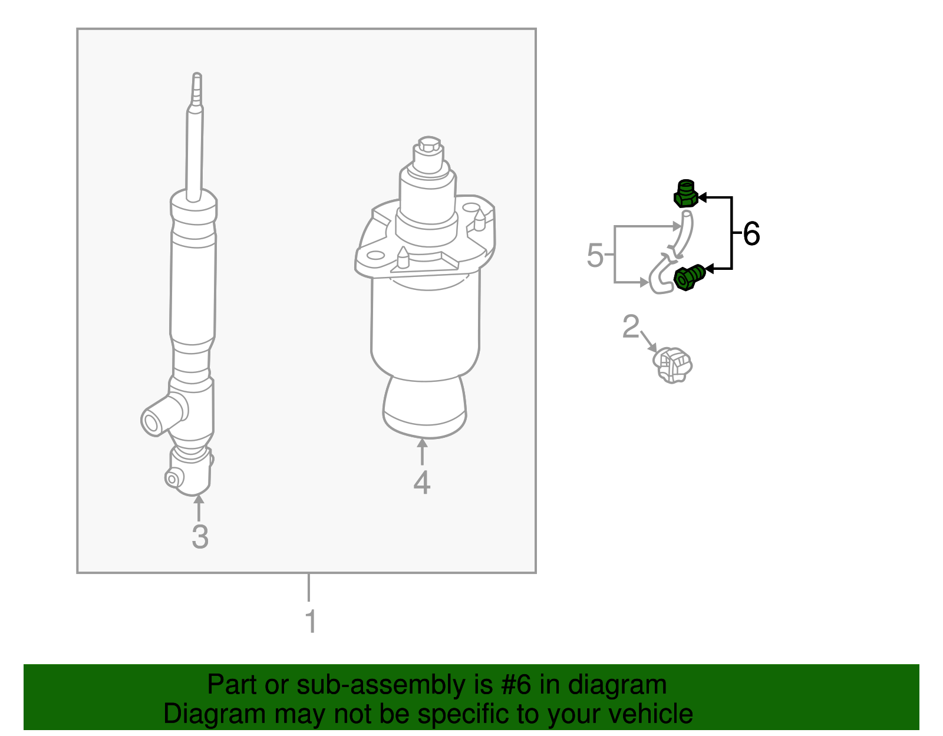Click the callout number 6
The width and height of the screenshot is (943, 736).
pyautogui.click(x=751, y=234)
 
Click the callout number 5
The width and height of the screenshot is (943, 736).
pyautogui.click(x=595, y=256)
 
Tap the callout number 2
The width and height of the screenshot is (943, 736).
pyautogui.click(x=631, y=326)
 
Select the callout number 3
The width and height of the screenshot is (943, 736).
pyautogui.click(x=200, y=537)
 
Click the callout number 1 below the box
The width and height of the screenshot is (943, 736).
pyautogui.click(x=311, y=622)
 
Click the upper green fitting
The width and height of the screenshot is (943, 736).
pyautogui.click(x=685, y=194)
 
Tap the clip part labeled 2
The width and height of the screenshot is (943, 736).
pyautogui.click(x=673, y=364)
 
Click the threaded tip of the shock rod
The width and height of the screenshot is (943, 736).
pyautogui.click(x=197, y=88)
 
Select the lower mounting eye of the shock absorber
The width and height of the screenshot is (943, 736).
pyautogui.click(x=173, y=478)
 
